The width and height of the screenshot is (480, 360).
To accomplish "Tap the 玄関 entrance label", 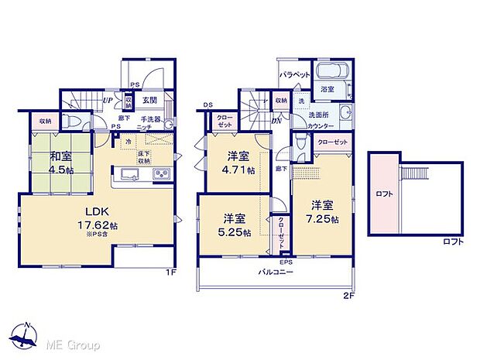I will [x=150, y=100].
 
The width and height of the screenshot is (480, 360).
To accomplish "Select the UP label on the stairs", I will [x=109, y=100].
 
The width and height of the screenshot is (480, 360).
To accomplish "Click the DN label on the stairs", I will [x=276, y=120].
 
